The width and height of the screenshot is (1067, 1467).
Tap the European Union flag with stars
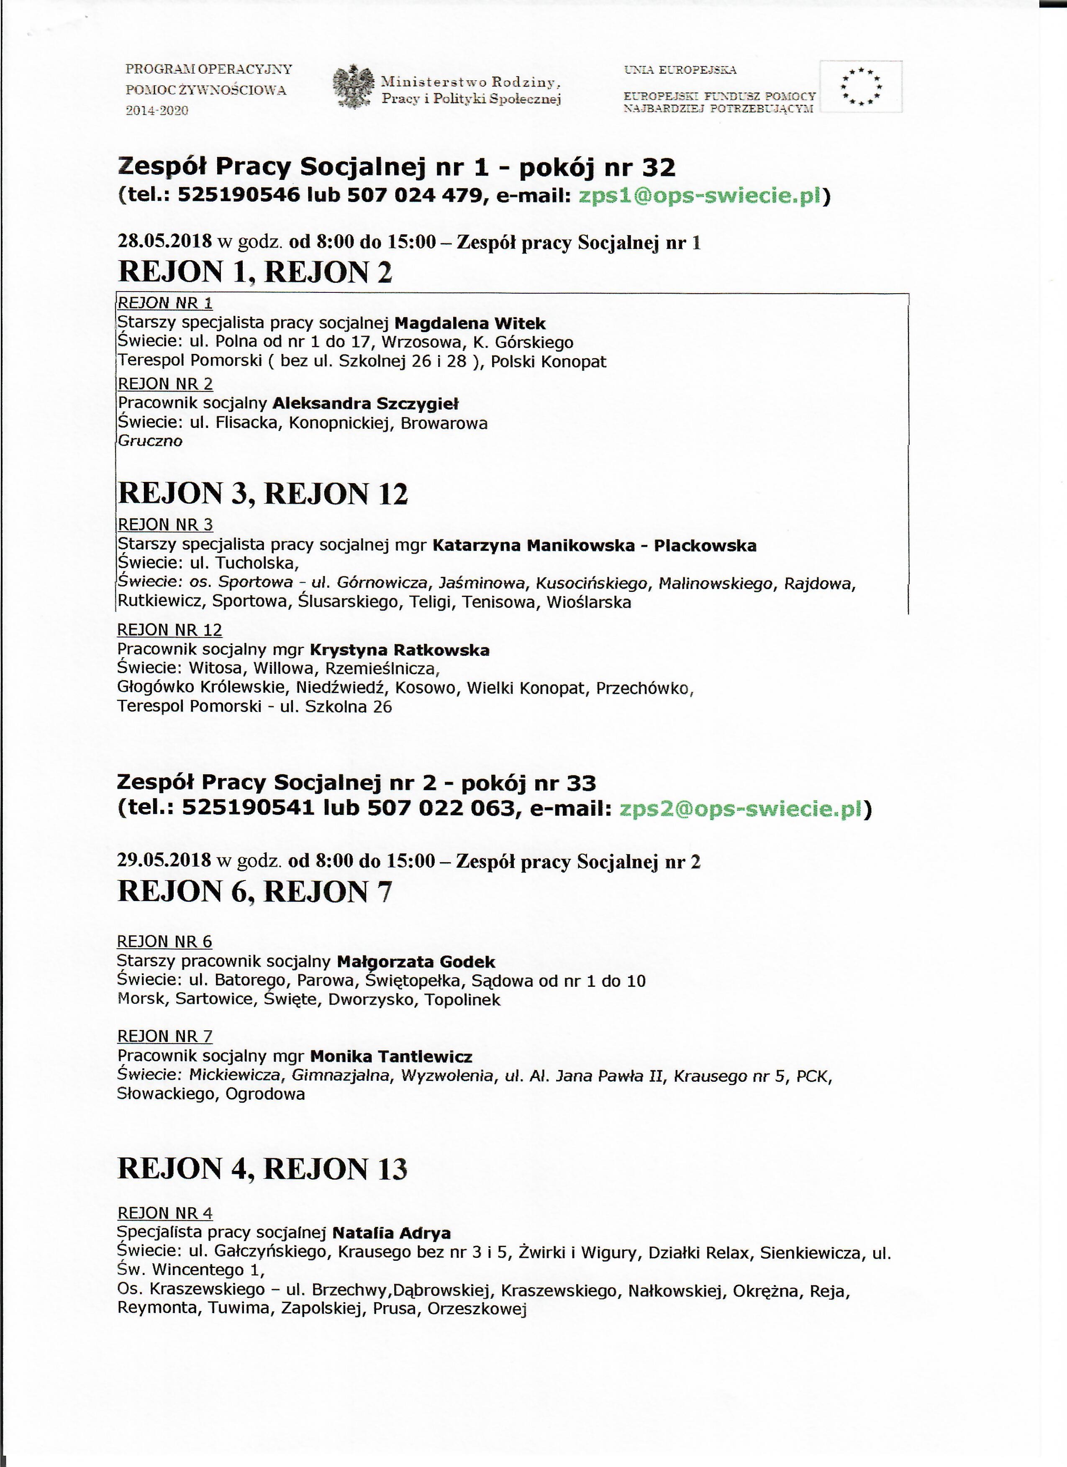(861, 87)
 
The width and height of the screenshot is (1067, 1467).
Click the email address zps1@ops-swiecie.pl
(700, 195)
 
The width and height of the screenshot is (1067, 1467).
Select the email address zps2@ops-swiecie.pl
(741, 809)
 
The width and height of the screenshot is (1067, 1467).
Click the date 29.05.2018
(164, 861)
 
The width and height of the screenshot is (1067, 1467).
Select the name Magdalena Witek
(470, 323)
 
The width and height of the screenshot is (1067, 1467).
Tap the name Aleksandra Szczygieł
(366, 404)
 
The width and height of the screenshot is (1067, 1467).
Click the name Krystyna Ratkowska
(399, 650)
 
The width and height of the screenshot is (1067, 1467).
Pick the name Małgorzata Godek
(416, 962)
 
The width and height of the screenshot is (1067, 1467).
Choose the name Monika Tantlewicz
(391, 1057)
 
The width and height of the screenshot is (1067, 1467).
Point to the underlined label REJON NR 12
(169, 630)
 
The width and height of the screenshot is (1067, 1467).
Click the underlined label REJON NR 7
(164, 1036)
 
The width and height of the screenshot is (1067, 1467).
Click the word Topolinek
(463, 1000)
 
